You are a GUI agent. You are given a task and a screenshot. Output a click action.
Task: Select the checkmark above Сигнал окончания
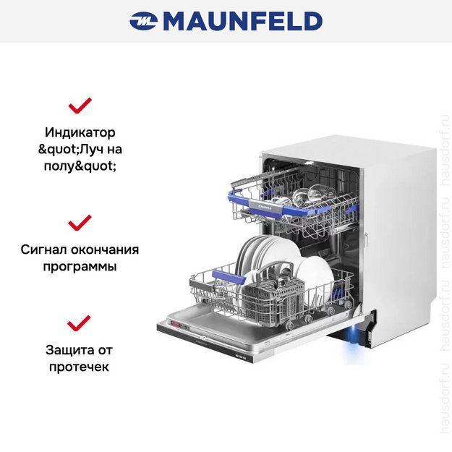pyautogui.click(x=80, y=221)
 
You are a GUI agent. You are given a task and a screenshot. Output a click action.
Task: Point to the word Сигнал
pyautogui.click(x=46, y=250)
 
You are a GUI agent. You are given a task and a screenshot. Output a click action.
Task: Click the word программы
pyautogui.click(x=80, y=266)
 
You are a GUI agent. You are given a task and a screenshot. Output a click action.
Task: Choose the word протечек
pyautogui.click(x=80, y=367)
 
